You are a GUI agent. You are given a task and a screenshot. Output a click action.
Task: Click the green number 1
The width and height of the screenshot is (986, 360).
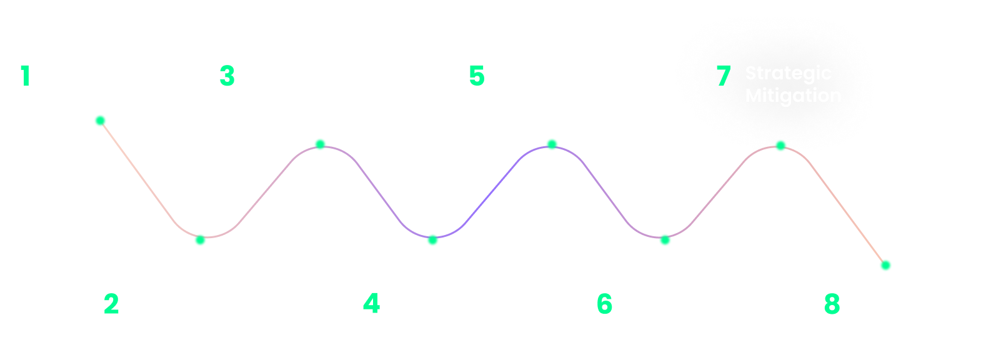point(25,76)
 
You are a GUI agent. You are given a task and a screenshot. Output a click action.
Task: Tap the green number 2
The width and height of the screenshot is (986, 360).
point(111,304)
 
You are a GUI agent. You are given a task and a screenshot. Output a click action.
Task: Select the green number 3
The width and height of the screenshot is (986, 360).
point(227,76)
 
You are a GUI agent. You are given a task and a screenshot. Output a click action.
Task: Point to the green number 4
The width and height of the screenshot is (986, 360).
point(371,304)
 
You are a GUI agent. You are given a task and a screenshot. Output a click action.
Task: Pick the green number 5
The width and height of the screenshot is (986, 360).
point(477,76)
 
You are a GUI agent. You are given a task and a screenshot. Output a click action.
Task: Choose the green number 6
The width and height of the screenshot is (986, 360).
point(604,304)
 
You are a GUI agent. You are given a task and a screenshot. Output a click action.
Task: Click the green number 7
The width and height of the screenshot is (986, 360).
point(723,76)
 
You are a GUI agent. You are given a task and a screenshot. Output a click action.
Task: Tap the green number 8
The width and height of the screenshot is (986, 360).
point(832,304)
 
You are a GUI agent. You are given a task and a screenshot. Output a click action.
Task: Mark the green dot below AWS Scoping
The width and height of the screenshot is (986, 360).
point(100,121)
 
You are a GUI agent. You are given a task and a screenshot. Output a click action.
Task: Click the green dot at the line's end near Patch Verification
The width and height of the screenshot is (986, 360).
point(885,266)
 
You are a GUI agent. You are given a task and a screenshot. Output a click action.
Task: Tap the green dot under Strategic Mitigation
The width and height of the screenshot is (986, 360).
point(780,146)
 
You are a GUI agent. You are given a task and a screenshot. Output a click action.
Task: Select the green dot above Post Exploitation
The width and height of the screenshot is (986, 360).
point(665,240)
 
